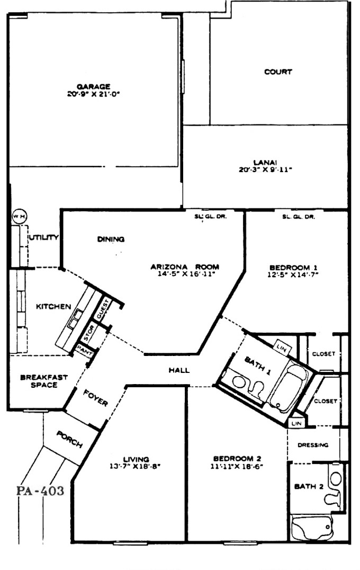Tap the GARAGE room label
point(93,86)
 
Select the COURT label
point(278,72)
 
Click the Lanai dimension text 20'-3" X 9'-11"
point(265,170)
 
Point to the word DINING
point(111,239)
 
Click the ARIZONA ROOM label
point(185,267)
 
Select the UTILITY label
point(43,238)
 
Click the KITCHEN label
point(53,307)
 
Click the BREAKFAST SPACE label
point(44,381)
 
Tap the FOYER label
point(96,398)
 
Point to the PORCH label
point(69,439)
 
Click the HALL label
point(179,370)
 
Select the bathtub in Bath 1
point(287,388)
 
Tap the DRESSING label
point(313,445)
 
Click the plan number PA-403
point(40,491)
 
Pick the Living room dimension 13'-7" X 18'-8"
point(135,466)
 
